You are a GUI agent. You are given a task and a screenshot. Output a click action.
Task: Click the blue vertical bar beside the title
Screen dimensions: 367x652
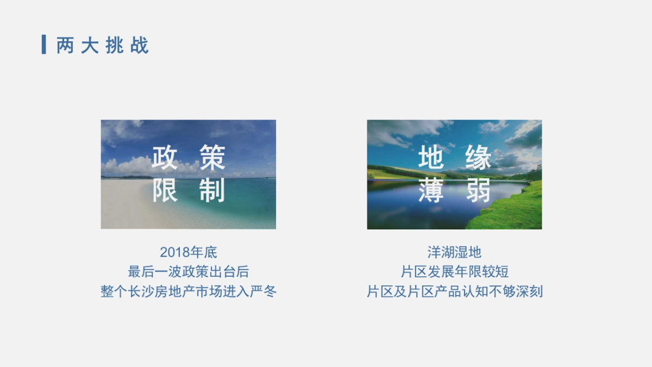coord(43,45)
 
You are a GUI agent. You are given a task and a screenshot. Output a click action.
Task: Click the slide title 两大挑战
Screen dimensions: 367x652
coord(103,45)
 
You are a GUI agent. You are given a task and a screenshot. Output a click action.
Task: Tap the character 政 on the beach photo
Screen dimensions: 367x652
coord(165,158)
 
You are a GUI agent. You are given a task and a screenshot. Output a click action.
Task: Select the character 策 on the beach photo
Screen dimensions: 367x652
coord(212,158)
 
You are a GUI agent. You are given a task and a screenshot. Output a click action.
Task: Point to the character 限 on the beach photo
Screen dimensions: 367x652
coord(165,190)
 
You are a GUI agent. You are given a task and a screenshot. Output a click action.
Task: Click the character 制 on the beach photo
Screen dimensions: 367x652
coord(212,190)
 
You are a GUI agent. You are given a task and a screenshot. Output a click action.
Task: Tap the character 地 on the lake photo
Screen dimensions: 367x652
coord(431,158)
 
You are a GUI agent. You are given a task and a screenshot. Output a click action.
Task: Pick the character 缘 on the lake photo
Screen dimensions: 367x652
coord(478,158)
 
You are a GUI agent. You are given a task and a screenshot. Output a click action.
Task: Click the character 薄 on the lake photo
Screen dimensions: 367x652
coord(431,190)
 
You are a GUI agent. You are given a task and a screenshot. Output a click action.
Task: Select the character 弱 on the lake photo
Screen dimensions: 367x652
coord(478,190)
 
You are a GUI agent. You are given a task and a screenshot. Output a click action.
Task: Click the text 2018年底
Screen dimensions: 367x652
coord(189,252)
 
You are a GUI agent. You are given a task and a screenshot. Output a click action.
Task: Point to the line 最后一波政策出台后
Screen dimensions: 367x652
coord(189,272)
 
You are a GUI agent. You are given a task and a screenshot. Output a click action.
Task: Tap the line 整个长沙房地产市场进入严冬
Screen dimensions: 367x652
coord(189,291)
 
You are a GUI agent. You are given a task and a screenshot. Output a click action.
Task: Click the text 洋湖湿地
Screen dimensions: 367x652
coord(454,252)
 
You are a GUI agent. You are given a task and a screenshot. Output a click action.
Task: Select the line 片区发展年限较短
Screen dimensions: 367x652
coord(454,272)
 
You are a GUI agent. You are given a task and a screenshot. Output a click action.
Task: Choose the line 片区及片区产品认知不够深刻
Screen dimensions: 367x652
coord(454,291)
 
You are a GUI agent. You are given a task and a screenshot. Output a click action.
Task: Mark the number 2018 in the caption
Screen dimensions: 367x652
coord(175,252)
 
